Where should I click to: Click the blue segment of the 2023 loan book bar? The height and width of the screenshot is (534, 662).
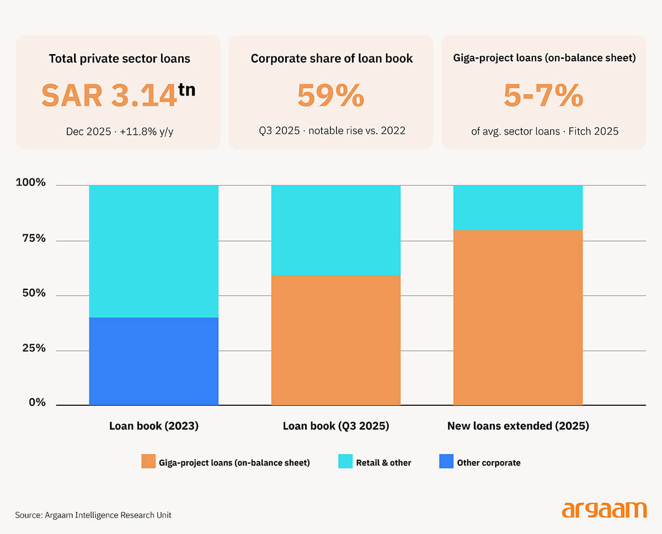[x=154, y=361]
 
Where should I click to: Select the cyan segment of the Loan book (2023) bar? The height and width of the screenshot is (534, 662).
[x=154, y=251]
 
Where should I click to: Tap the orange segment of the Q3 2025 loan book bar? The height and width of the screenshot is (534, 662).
[x=336, y=340]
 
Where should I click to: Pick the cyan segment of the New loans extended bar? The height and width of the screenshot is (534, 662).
[x=518, y=208]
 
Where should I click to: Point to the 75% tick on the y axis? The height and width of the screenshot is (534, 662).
[x=34, y=239]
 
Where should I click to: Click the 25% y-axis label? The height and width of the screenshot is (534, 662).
[x=34, y=348]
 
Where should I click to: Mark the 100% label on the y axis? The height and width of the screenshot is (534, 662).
[x=31, y=182]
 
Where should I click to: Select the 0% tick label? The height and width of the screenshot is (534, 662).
[x=37, y=402]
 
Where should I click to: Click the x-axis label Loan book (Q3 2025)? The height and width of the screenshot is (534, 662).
[x=336, y=426]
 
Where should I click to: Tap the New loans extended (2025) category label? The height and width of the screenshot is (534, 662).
[x=518, y=426]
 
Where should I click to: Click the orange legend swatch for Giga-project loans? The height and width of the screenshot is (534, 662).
[x=148, y=461]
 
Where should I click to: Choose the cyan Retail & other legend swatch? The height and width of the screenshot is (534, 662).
[x=345, y=461]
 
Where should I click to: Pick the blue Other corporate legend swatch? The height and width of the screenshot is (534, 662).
[x=446, y=461]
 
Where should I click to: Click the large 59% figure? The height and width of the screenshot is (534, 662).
[x=331, y=96]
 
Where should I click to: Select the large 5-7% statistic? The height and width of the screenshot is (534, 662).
[x=543, y=96]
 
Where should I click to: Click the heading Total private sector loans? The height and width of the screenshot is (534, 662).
[x=120, y=59]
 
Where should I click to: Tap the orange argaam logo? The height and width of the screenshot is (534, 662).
[x=604, y=510]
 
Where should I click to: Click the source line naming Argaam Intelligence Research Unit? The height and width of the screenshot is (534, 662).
[x=93, y=515]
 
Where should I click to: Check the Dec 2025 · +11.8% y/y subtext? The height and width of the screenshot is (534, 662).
[x=120, y=131]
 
